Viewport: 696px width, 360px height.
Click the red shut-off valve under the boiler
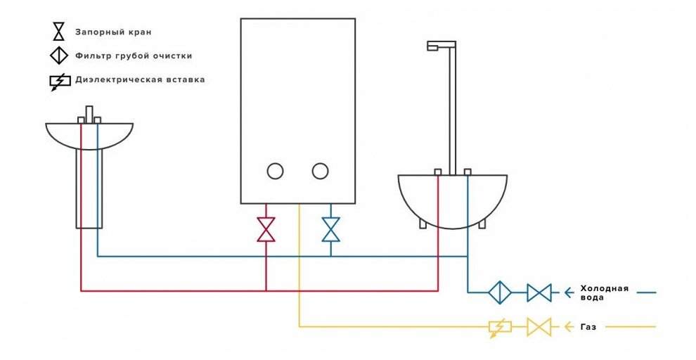click(266, 229)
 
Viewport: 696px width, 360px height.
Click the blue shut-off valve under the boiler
click(330, 229)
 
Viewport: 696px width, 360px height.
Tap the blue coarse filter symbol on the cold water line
click(500, 292)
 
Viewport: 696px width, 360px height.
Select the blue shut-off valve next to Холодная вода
click(539, 292)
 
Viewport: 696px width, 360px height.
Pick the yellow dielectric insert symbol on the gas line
click(500, 327)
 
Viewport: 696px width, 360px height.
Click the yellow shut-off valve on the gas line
click(539, 327)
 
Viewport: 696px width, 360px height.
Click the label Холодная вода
click(603, 292)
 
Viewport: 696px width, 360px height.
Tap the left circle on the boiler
click(275, 171)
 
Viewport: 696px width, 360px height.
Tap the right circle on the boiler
click(320, 171)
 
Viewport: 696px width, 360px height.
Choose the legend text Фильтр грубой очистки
click(134, 56)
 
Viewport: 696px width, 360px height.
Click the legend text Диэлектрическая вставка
click(140, 79)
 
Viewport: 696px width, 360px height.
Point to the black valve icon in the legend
click(59, 32)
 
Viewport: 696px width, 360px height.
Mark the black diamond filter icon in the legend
click(59, 56)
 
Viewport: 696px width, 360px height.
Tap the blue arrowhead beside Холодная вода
click(568, 292)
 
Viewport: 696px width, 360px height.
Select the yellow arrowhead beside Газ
click(568, 327)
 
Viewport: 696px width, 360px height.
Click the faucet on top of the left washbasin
click(89, 114)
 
